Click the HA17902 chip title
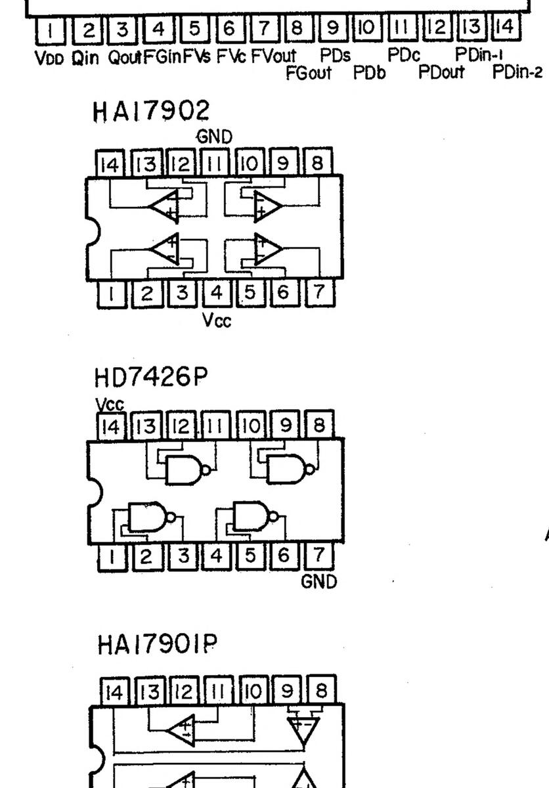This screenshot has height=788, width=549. pos(151,111)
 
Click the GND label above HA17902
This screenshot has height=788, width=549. pos(215,137)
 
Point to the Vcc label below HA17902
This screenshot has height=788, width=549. pos(217,320)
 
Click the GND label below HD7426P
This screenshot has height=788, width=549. pos(319,581)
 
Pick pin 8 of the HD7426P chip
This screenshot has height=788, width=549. pos(319,426)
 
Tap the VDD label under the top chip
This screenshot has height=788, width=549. pos(50,58)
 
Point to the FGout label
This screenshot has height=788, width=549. pos(308,73)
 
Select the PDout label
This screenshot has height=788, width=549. pos(441,72)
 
